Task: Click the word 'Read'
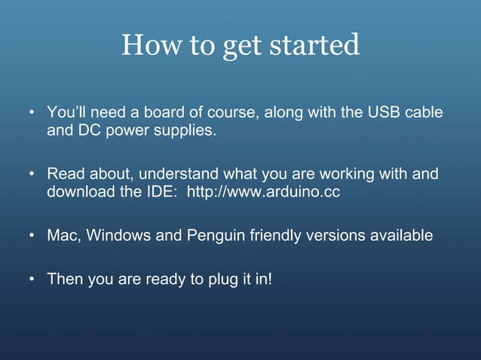tap(63, 175)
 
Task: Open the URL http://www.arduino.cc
tap(263, 192)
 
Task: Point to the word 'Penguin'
tap(208, 236)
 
